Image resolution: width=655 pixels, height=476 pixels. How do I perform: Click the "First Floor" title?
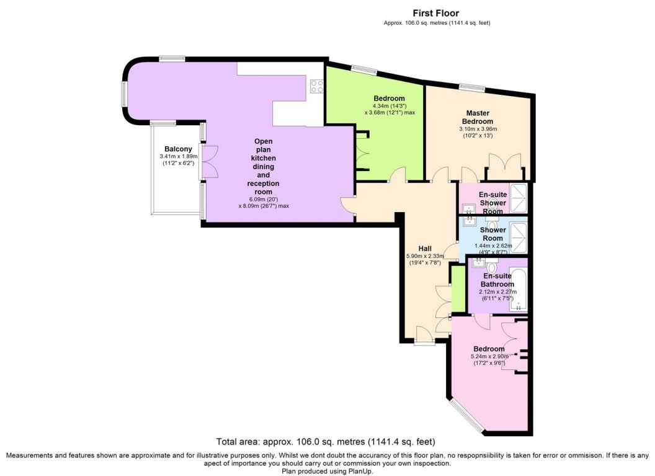436,14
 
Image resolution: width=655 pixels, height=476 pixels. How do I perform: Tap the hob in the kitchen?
317,86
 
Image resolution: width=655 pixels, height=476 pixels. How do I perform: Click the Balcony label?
179,149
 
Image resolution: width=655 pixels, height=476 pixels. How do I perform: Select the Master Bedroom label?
478,117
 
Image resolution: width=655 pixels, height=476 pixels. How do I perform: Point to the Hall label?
425,249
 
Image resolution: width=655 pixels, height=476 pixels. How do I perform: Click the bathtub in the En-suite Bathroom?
519,290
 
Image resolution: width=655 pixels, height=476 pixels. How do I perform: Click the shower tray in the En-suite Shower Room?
519,196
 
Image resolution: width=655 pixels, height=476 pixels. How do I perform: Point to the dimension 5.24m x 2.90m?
489,356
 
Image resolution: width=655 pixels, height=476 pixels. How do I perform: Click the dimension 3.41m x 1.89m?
179,157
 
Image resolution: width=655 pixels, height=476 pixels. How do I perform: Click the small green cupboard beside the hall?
458,289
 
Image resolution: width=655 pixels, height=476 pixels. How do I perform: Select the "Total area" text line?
326,441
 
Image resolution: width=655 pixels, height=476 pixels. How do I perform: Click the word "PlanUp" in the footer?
362,472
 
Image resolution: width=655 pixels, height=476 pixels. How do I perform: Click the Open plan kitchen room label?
263,167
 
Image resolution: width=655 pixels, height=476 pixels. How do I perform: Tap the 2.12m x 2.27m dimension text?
497,292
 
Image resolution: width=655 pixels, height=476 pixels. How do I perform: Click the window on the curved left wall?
123,93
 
